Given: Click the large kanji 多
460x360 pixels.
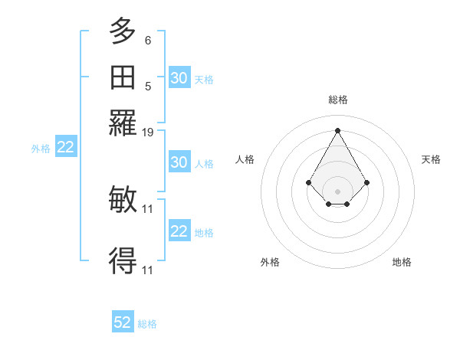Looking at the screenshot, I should (123, 31).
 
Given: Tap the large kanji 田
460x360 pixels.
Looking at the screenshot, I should (123, 77).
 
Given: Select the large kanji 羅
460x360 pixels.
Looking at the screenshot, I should (123, 123).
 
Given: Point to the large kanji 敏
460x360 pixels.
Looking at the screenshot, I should (123, 199).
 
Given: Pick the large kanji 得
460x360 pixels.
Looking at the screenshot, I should (123, 261).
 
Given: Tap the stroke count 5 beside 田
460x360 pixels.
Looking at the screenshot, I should (148, 86).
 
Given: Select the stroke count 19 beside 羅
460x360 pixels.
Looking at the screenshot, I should (149, 133).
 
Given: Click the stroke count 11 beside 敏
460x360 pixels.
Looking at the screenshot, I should (149, 208).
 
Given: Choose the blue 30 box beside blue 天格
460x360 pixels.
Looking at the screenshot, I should (179, 78).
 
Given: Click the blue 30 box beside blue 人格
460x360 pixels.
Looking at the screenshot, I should (179, 162).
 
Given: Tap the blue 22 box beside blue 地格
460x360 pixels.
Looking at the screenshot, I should (179, 231).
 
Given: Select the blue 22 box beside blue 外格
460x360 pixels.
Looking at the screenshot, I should (66, 148).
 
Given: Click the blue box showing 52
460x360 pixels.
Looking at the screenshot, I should (123, 322).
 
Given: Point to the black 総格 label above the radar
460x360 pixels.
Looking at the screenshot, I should (338, 100).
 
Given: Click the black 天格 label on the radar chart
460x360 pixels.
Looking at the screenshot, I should (432, 159).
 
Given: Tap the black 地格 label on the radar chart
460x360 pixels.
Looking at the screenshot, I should (402, 262).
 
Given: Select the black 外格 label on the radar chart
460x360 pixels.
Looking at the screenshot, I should (270, 262).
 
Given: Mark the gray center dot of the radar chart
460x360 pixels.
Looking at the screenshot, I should (338, 191).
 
